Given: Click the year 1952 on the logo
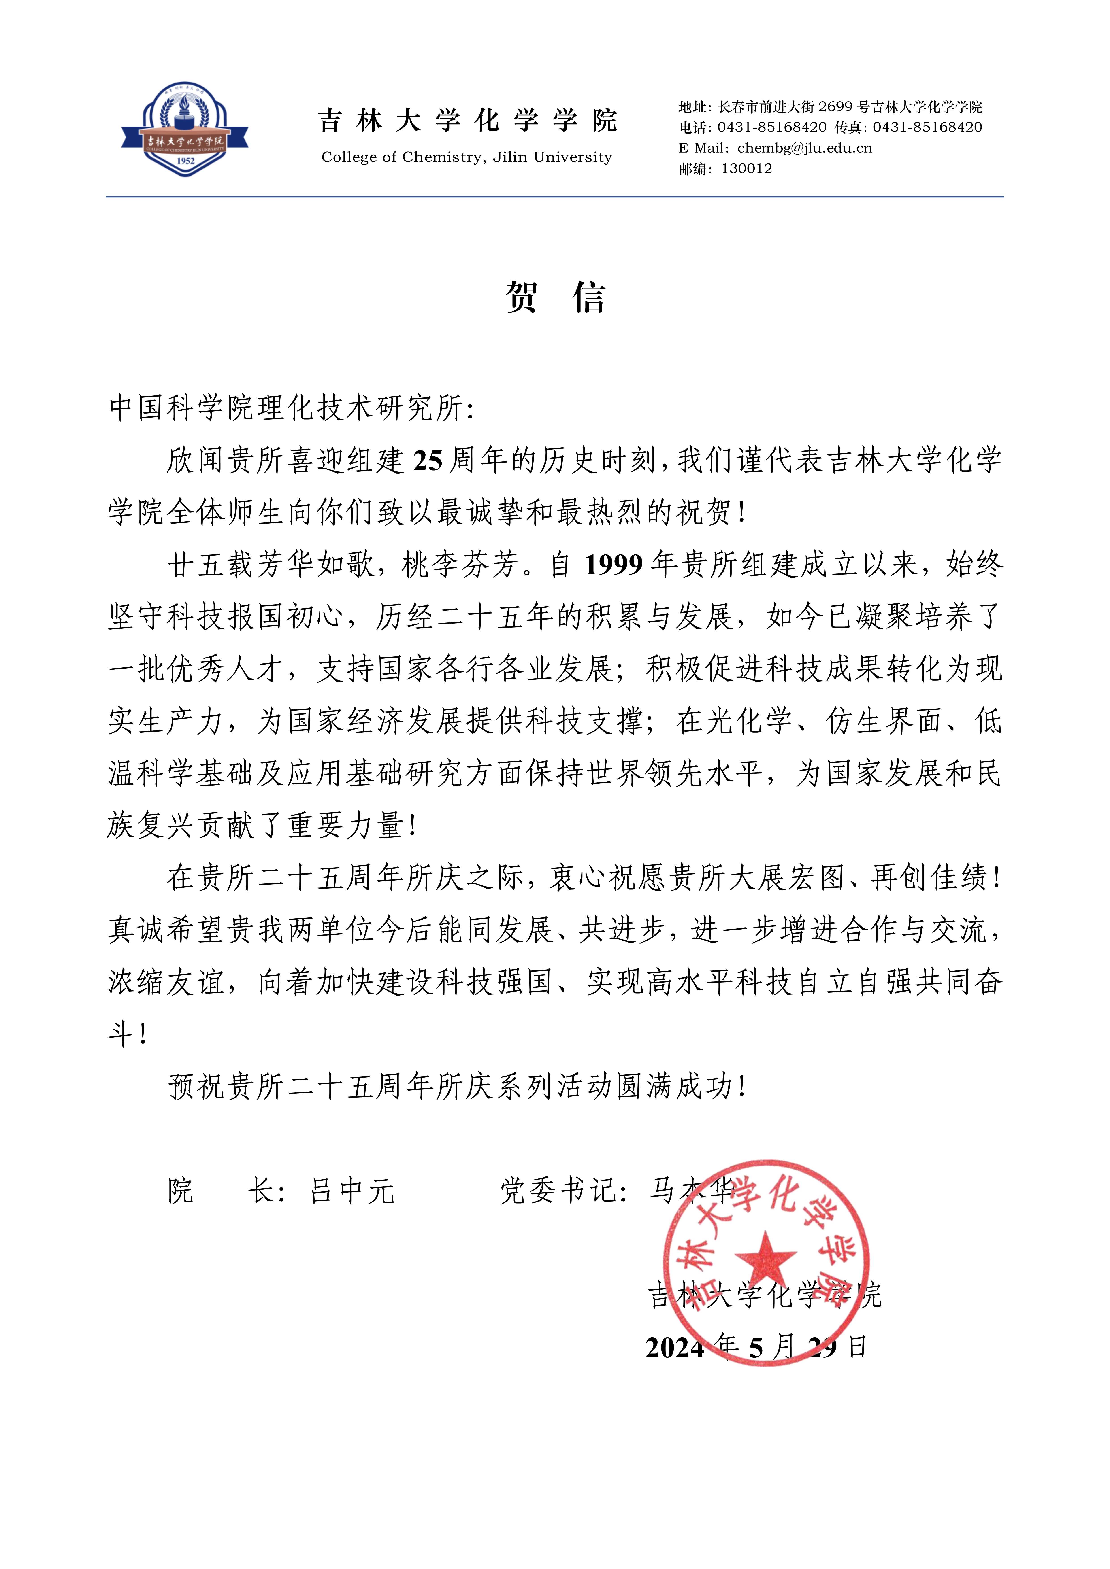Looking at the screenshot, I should tap(185, 161).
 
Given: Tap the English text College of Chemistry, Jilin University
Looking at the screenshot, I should tap(467, 157).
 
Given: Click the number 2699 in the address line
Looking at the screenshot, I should tap(835, 107).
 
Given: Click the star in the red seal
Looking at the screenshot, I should tap(765, 1257).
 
